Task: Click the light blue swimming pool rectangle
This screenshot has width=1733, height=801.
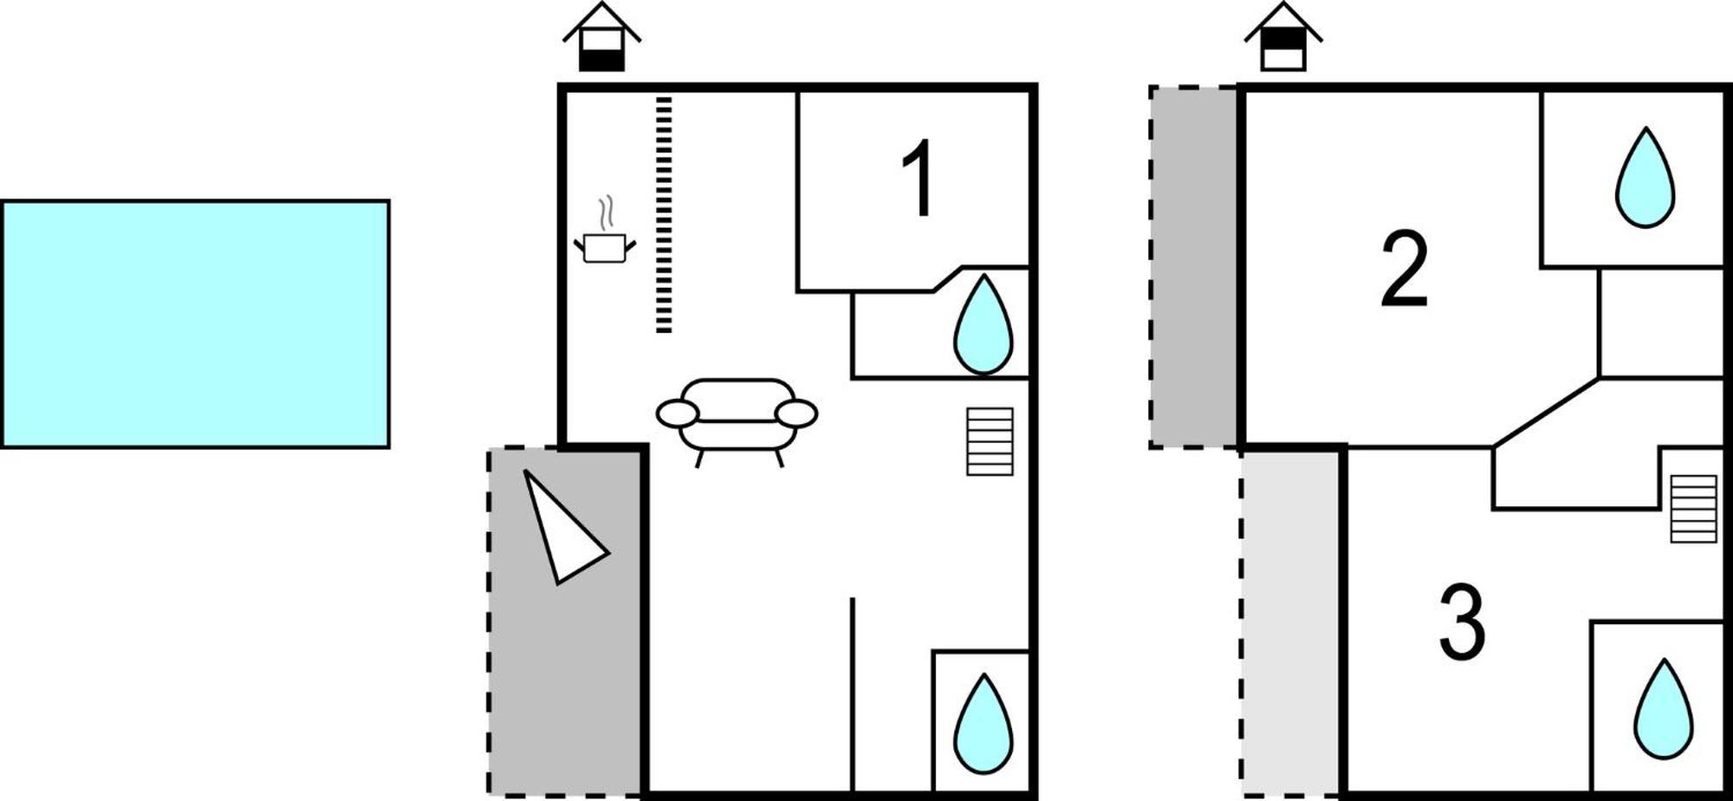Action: [x=195, y=324]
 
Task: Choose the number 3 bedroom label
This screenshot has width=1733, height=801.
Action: [x=1463, y=622]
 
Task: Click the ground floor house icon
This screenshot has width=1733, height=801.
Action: [x=601, y=37]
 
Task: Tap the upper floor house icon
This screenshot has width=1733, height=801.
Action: [x=1283, y=37]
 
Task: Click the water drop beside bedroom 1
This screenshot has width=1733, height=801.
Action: [x=983, y=324]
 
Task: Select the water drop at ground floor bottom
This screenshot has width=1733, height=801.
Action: [x=983, y=725]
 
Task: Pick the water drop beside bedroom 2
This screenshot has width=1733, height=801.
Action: [x=1645, y=178]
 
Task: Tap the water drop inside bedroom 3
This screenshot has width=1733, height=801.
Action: [x=1664, y=709]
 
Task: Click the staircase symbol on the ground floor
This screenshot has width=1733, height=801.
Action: [x=990, y=441]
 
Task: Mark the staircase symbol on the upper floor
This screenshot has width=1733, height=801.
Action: [x=1694, y=509]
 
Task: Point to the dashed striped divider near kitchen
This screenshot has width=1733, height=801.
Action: [x=664, y=215]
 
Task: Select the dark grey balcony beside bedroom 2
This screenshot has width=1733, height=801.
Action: [x=1194, y=267]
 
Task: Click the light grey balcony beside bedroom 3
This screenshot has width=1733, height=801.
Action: [x=1292, y=623]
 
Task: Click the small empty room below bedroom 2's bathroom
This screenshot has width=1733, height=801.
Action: [x=1660, y=322]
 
